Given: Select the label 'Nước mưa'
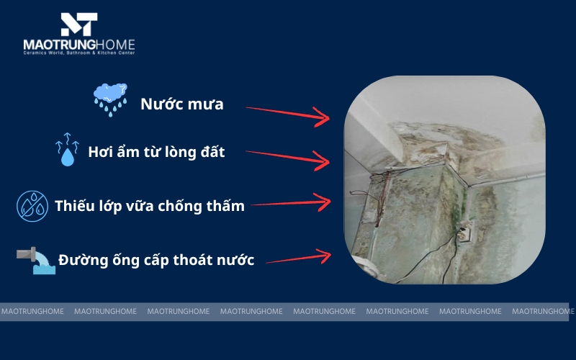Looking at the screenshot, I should click(181, 104).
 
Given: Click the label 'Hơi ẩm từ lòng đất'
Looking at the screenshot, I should click(156, 153).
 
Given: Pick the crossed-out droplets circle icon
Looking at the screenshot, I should click(32, 206).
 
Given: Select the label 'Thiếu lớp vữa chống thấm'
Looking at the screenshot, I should click(150, 207).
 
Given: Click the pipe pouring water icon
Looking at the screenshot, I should click(35, 260).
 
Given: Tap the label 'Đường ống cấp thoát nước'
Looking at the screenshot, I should click(156, 261).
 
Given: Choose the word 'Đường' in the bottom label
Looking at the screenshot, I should click(79, 260).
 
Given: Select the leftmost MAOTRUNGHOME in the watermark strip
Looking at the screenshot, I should click(32, 312).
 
